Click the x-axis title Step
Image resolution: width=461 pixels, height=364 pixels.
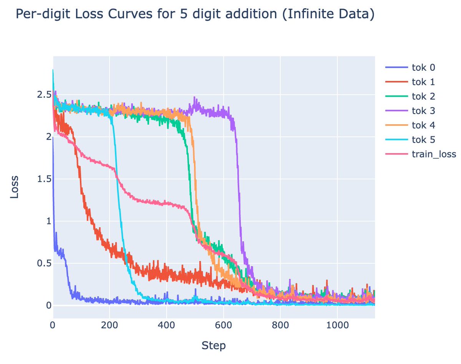(x=214, y=346)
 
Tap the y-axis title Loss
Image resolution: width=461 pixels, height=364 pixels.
(x=14, y=187)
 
